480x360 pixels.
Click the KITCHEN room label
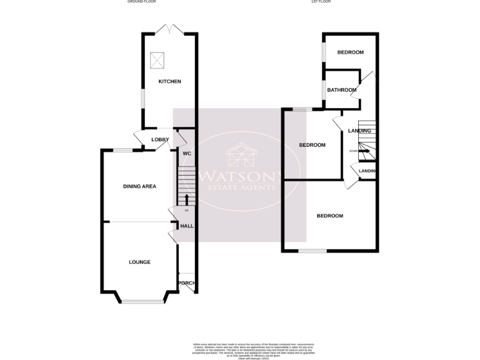[x=169, y=82]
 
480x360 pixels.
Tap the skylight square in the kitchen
[x=157, y=61]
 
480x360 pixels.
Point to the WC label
[x=186, y=153]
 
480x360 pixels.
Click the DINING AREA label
[x=139, y=186]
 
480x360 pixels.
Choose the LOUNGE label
[x=139, y=262]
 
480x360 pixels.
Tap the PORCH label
[x=187, y=283]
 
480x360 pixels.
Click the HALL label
[x=186, y=226]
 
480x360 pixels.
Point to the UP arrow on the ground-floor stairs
[x=186, y=199]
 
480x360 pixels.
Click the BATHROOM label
[x=342, y=90]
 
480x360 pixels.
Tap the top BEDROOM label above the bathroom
[x=350, y=52]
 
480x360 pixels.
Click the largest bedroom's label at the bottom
[x=329, y=216]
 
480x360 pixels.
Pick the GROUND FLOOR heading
[x=141, y=2]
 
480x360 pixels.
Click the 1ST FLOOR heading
[x=321, y=2]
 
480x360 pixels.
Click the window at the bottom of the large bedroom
[x=312, y=251]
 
